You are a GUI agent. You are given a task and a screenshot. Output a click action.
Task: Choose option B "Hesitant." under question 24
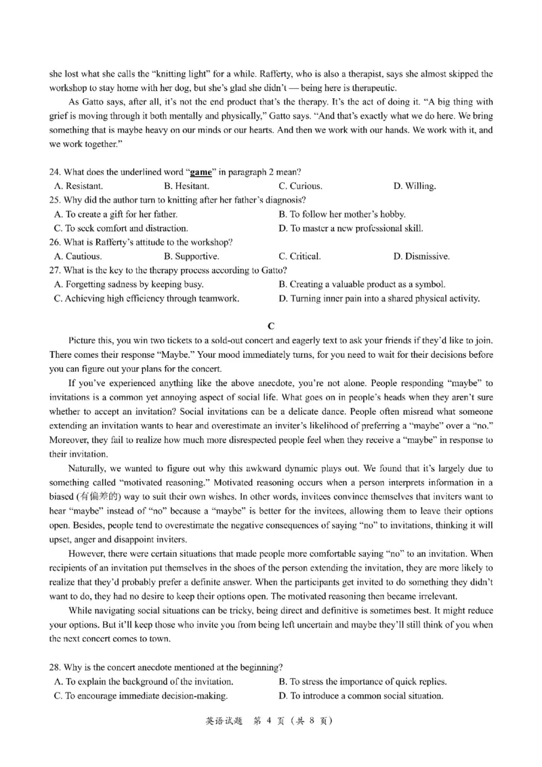point(186,186)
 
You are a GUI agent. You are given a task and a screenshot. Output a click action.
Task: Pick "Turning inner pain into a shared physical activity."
point(379,299)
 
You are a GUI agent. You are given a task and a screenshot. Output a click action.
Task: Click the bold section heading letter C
point(271,325)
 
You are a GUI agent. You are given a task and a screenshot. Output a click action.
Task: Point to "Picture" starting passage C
point(83,339)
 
